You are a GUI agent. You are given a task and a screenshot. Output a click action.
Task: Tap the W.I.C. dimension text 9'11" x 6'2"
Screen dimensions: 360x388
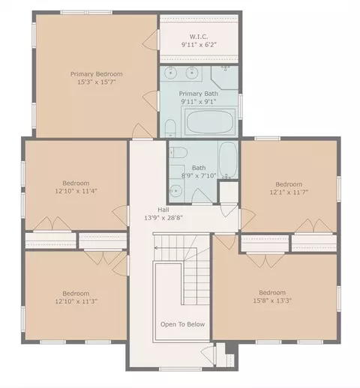click(199, 45)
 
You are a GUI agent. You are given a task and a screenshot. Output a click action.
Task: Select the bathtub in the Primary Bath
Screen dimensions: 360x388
click(210, 121)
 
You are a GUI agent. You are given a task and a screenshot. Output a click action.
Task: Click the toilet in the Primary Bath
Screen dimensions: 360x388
click(171, 128)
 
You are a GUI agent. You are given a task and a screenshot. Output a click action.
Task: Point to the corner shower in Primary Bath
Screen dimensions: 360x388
click(225, 77)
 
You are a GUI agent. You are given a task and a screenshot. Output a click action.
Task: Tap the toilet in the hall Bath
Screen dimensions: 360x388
click(178, 152)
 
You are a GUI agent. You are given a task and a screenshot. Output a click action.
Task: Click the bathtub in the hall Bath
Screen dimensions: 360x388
click(228, 160)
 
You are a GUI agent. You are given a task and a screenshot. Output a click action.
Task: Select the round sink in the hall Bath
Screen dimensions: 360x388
click(176, 191)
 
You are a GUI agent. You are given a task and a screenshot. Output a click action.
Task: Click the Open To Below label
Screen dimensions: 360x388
click(183, 324)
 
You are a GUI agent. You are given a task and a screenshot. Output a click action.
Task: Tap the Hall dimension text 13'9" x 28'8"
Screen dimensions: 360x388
click(163, 218)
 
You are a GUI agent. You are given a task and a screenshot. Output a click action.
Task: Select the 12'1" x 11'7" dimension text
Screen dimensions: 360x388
click(289, 192)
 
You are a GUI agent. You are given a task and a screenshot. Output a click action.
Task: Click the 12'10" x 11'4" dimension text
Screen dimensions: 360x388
click(76, 191)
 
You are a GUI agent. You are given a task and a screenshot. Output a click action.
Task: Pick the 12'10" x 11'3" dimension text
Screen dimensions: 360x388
click(76, 301)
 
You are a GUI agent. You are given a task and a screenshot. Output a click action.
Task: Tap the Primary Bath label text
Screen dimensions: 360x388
click(199, 94)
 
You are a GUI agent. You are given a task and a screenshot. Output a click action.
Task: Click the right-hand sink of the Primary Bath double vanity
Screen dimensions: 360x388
click(192, 73)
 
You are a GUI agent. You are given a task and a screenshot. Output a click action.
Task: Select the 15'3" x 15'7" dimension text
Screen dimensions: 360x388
click(97, 82)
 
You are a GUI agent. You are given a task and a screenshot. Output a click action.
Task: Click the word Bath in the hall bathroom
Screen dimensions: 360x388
click(199, 168)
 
